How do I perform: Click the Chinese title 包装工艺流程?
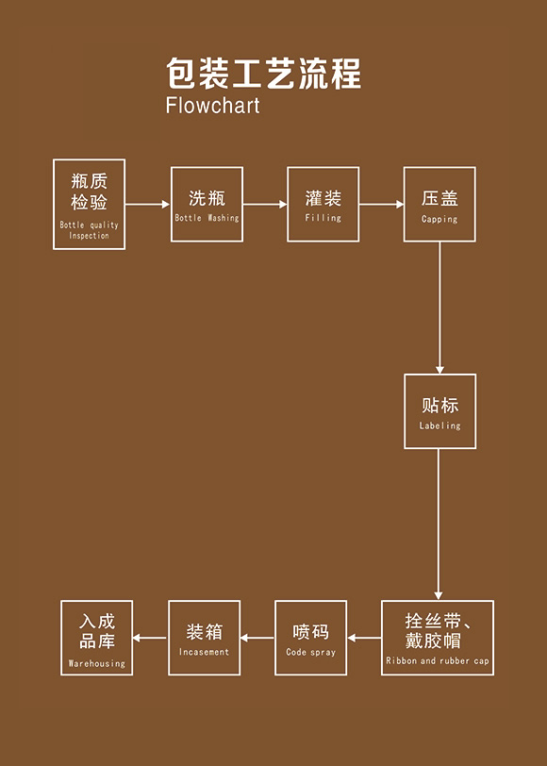tap(264, 74)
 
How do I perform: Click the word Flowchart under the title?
tap(213, 105)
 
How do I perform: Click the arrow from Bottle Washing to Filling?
tap(265, 204)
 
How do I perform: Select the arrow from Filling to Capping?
tap(381, 204)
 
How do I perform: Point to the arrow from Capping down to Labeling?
tap(439, 308)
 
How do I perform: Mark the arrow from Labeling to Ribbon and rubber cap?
tap(439, 525)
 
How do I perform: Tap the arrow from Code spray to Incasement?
tap(257, 638)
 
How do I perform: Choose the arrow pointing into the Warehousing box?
tap(150, 638)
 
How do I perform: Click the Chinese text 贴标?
tap(440, 406)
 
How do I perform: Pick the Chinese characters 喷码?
tap(311, 632)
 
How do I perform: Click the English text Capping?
tap(439, 219)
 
